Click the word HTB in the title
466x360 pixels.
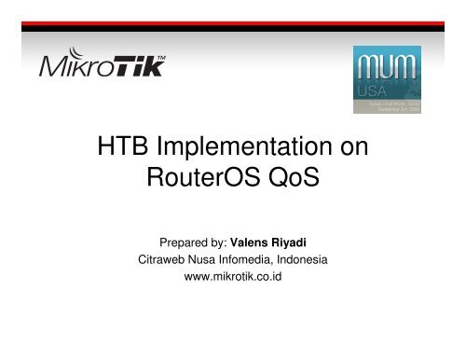(x=124, y=149)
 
